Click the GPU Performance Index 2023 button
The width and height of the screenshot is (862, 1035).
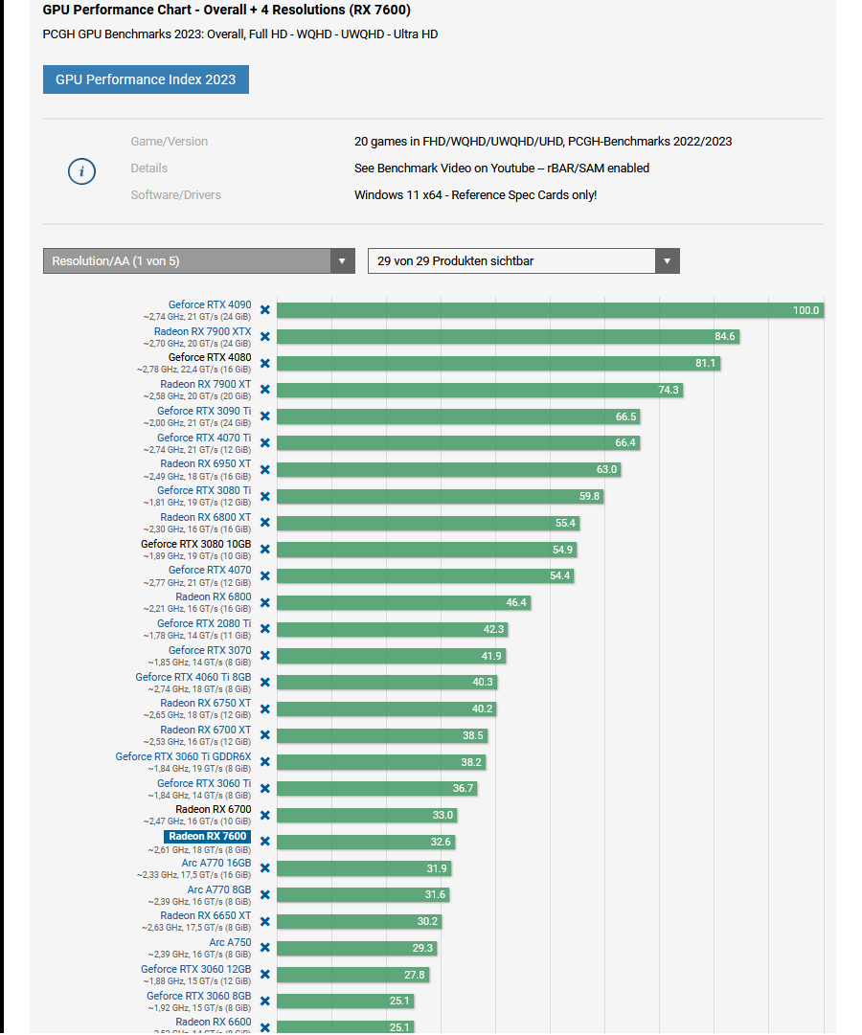[x=146, y=79]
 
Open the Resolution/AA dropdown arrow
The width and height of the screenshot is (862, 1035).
[x=343, y=261]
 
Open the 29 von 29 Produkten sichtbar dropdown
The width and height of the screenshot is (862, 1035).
[x=523, y=261]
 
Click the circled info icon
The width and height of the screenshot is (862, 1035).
[x=81, y=171]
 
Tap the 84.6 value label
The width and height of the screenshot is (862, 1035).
[x=725, y=337]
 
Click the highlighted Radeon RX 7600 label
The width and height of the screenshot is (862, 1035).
[x=208, y=837]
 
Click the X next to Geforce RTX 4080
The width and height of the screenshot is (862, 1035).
[x=265, y=364]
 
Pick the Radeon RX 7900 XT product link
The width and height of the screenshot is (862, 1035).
[x=205, y=385]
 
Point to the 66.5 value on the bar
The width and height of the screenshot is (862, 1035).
[x=626, y=416]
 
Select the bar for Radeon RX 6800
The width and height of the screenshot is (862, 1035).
[x=403, y=602]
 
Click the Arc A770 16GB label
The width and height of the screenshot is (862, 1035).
[x=216, y=863]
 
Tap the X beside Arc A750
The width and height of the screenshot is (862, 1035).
[x=265, y=948]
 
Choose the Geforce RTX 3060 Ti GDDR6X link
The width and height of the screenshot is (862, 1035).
[x=183, y=756]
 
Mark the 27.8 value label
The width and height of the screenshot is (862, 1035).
[x=414, y=975]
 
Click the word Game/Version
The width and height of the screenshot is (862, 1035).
[x=169, y=142]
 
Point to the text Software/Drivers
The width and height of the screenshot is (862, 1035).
[x=175, y=195]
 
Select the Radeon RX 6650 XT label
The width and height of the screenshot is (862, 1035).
[x=205, y=916]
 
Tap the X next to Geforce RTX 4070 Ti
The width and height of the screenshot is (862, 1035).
[x=265, y=443]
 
